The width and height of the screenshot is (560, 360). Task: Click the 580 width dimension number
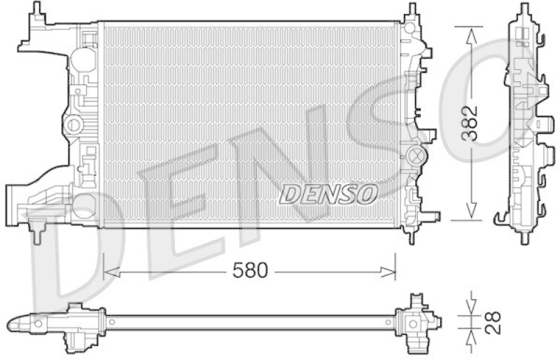(250, 270)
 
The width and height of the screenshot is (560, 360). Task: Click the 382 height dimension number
(469, 123)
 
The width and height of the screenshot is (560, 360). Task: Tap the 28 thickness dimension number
(493, 323)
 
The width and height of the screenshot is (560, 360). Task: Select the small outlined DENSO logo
(328, 195)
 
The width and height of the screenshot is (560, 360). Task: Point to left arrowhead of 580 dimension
(111, 272)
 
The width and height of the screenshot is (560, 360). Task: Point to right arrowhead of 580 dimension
(388, 272)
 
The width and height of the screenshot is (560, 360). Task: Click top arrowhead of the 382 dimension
(471, 36)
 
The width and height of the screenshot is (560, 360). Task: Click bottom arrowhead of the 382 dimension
(471, 211)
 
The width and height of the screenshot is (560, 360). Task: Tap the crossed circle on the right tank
(416, 155)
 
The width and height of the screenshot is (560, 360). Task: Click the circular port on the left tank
(74, 125)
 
